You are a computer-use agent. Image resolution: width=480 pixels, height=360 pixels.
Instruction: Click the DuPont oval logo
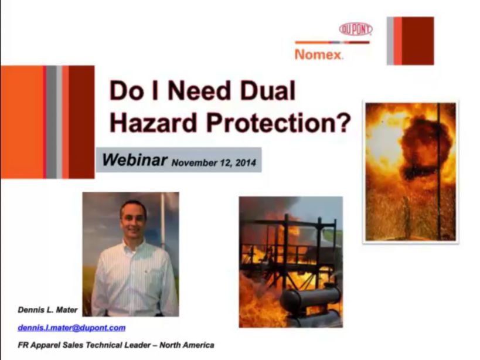[356, 29]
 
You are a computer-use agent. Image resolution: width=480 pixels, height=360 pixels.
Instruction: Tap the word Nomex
[318, 55]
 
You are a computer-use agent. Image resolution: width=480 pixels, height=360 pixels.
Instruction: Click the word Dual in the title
[268, 91]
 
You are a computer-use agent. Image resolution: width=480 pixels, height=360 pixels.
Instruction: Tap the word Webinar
[135, 160]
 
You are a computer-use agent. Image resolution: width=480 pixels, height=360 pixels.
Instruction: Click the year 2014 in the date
[246, 162]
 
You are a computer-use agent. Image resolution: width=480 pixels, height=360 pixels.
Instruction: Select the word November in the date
[193, 162]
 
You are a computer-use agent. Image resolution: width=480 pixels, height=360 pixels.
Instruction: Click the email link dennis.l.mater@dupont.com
[72, 328]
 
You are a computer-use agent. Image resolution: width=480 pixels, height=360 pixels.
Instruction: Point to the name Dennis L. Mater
[47, 310]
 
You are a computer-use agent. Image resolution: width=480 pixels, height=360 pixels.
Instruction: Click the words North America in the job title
[187, 345]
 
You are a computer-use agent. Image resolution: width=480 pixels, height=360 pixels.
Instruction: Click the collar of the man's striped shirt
[134, 245]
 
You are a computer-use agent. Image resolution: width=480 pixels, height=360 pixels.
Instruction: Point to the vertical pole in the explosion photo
[438, 171]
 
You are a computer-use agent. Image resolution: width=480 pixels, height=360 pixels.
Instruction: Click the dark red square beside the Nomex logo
[417, 41]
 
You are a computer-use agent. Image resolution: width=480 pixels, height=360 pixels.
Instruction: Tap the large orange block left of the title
[22, 122]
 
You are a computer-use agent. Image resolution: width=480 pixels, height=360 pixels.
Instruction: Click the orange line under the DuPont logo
[332, 43]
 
